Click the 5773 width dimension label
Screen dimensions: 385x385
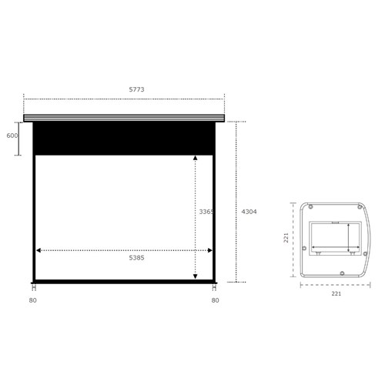(x=136, y=89)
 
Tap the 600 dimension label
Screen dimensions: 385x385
(x=12, y=136)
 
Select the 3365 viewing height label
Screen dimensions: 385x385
(x=206, y=212)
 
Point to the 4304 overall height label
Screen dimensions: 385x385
(x=249, y=212)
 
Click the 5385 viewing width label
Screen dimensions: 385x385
(x=136, y=258)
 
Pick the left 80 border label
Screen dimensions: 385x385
(x=33, y=300)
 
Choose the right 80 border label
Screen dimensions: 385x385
(x=215, y=300)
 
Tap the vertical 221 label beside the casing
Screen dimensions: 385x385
(x=286, y=238)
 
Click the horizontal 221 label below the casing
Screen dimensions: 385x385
(x=336, y=293)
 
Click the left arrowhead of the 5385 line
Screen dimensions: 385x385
(x=38, y=250)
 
